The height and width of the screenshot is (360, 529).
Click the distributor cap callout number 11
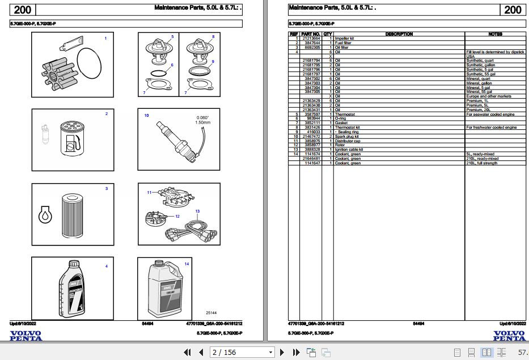point(149,193)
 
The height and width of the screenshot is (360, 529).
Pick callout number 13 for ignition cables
point(197,211)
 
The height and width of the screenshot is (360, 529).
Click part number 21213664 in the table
point(311,39)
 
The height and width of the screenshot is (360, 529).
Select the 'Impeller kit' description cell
point(345,39)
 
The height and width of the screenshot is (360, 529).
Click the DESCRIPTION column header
point(399,34)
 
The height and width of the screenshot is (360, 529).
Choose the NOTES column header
point(495,34)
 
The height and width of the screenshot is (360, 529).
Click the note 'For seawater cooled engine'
point(488,115)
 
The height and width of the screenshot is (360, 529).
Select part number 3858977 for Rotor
point(311,145)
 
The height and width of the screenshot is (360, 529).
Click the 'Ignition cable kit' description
point(349,150)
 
